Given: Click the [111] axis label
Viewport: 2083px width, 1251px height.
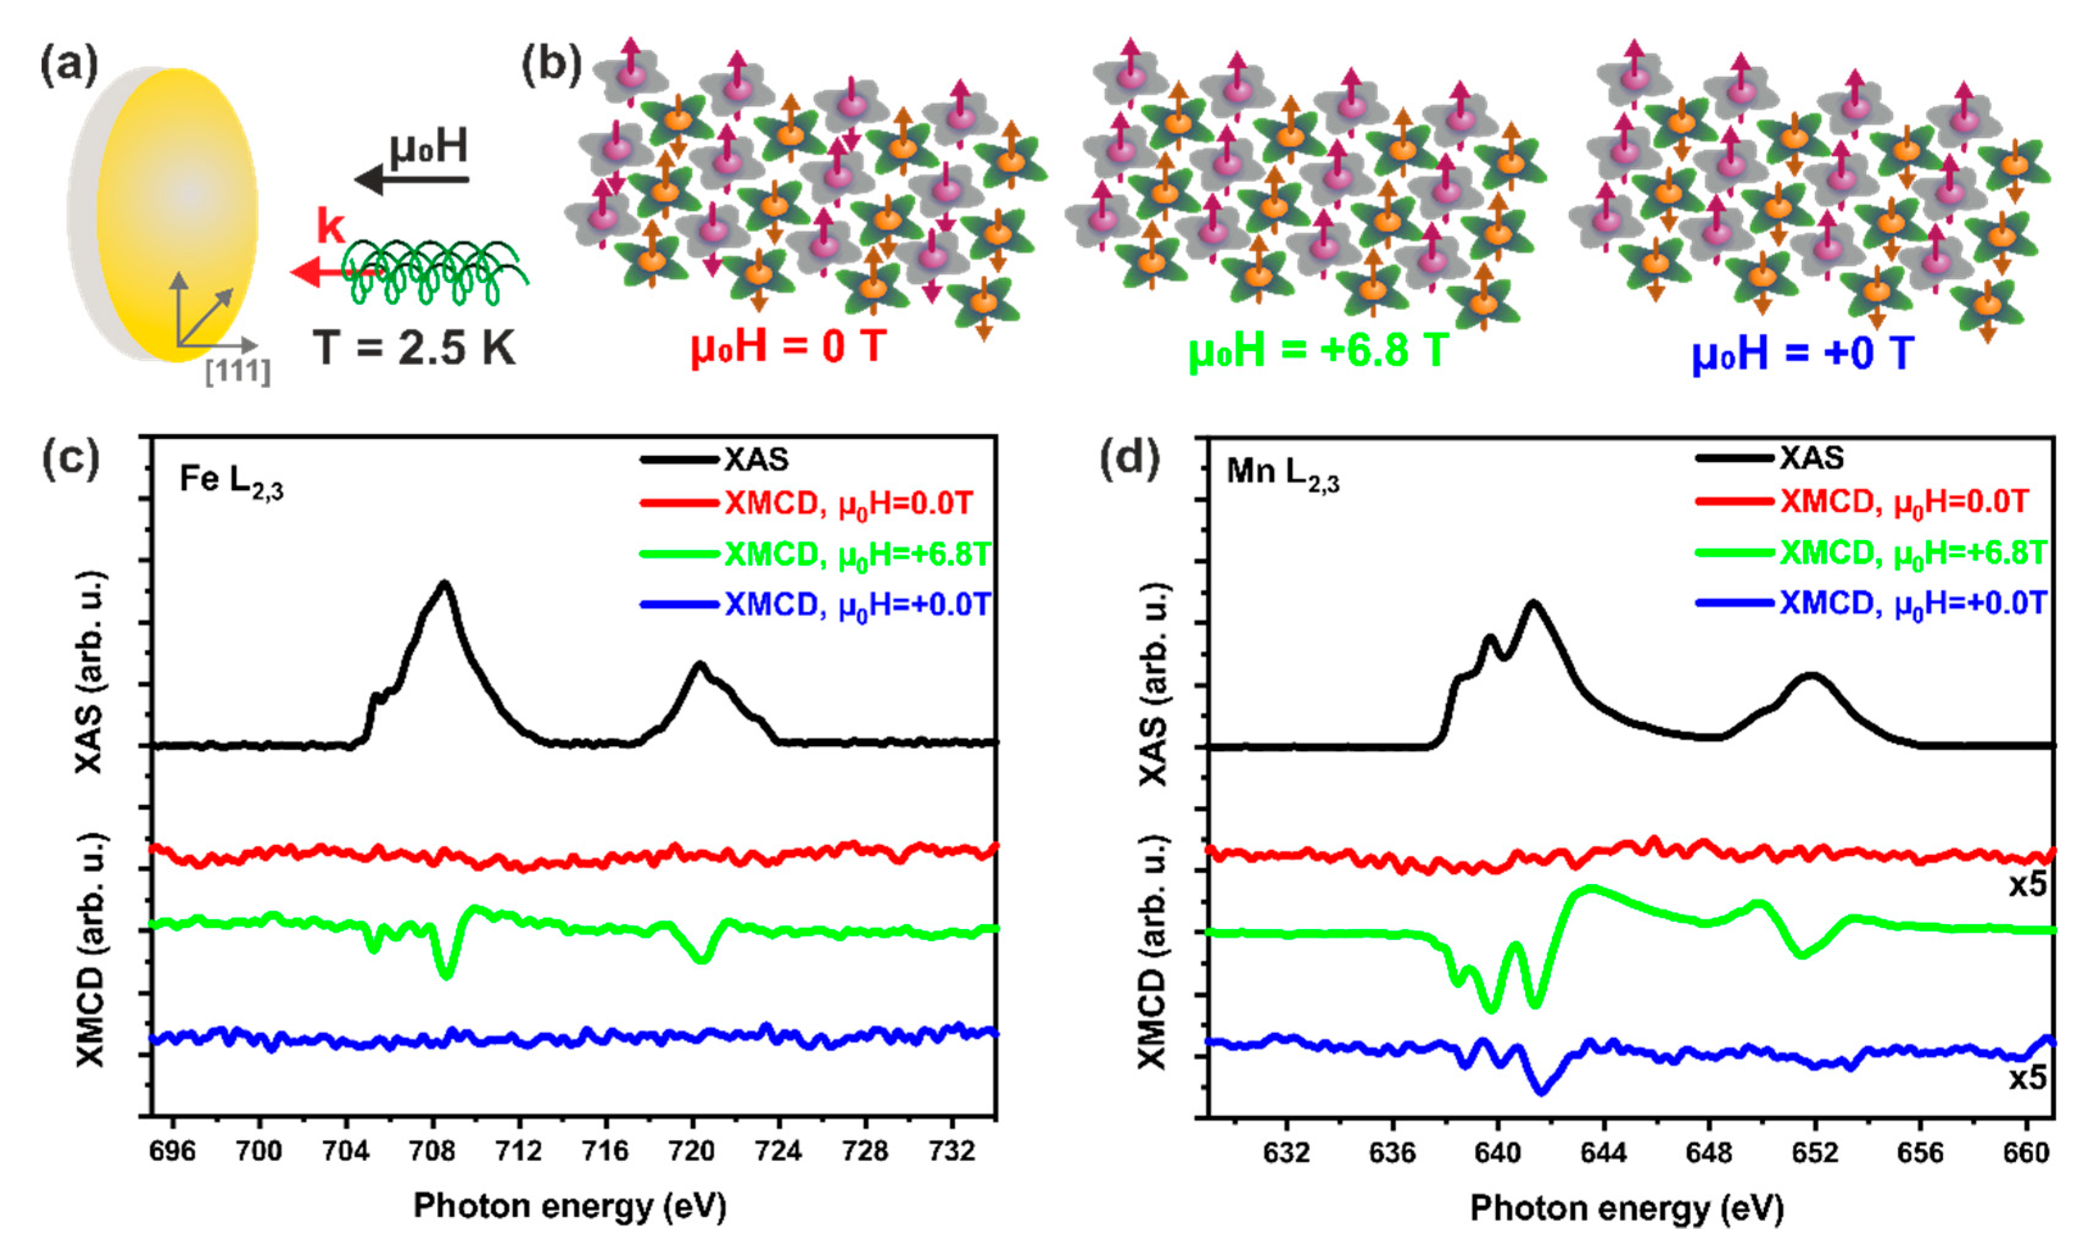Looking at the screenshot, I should click(237, 371).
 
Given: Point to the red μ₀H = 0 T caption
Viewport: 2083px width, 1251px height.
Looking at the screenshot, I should click(788, 346).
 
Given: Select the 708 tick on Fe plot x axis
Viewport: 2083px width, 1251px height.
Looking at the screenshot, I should click(432, 1151).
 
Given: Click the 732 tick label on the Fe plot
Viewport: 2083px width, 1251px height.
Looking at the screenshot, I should click(952, 1151).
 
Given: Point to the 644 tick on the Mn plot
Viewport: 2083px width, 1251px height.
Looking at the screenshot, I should click(1603, 1152).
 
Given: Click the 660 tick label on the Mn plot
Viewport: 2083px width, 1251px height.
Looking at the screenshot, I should click(2026, 1152).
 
